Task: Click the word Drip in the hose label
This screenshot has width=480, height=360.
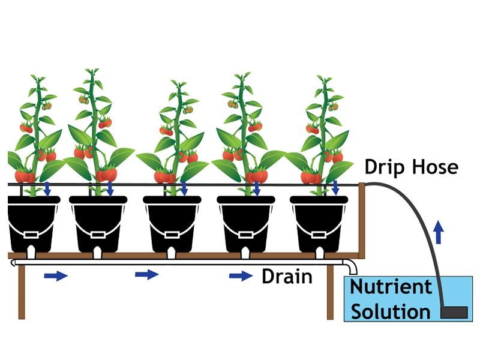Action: pyautogui.click(x=384, y=167)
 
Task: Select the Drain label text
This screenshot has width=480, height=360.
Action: pyautogui.click(x=287, y=277)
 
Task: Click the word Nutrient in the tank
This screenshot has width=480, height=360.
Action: pyautogui.click(x=391, y=287)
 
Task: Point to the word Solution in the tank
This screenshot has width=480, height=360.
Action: pyautogui.click(x=391, y=311)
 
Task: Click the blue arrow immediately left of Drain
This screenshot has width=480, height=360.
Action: pyautogui.click(x=241, y=276)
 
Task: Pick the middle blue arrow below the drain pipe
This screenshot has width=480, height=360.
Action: pyautogui.click(x=147, y=275)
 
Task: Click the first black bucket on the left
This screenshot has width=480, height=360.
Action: pyautogui.click(x=33, y=222)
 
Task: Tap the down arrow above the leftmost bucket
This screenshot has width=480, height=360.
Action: pyautogui.click(x=46, y=188)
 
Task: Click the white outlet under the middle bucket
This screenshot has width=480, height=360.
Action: pyautogui.click(x=172, y=253)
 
